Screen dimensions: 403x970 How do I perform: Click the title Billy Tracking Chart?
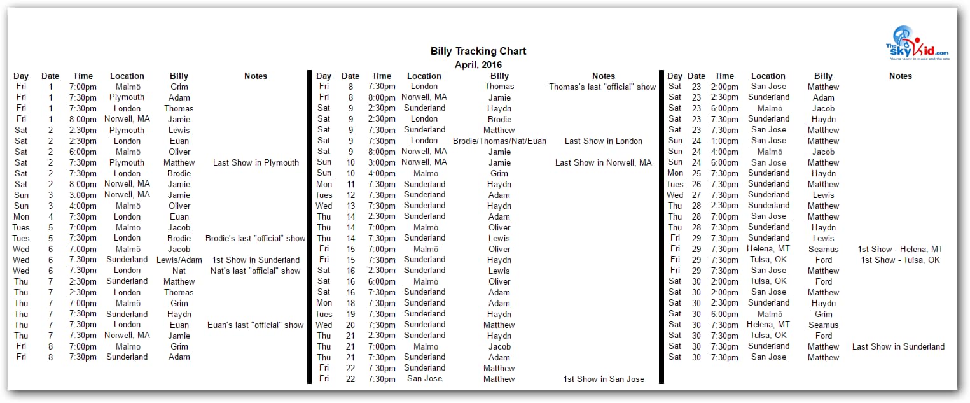[x=478, y=52]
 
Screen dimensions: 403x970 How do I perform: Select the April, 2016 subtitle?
[x=478, y=65]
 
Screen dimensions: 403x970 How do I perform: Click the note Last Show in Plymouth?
[x=256, y=162]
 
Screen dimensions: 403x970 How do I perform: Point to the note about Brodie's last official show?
[x=256, y=238]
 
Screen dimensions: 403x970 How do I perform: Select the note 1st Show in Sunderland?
[x=256, y=260]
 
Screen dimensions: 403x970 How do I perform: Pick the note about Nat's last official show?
[x=256, y=271]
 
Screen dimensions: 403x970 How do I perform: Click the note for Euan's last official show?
[x=256, y=325]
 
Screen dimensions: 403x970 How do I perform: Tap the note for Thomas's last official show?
[x=602, y=87]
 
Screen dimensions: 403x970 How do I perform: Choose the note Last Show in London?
[x=603, y=141]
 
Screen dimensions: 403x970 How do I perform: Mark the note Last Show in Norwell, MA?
[x=603, y=162]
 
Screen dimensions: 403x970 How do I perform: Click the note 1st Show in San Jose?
[x=603, y=379]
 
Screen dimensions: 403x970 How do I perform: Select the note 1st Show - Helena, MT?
[x=900, y=249]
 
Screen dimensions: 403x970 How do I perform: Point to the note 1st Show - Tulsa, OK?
[x=900, y=260]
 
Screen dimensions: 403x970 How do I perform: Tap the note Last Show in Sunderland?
[x=898, y=346]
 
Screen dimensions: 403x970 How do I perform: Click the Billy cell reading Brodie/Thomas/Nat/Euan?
[x=499, y=141]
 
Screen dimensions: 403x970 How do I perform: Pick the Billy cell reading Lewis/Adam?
[x=179, y=260]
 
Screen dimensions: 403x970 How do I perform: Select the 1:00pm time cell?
[x=724, y=141]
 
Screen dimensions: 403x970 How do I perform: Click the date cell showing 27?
[x=696, y=195]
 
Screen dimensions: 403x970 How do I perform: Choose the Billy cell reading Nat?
[x=179, y=271]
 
